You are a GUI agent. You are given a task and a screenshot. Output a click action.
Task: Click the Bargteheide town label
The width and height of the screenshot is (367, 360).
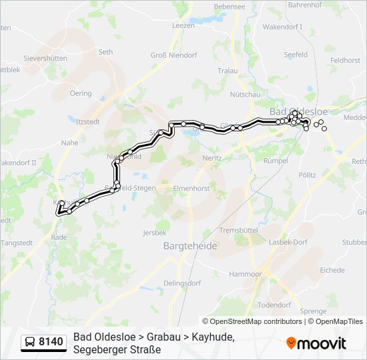[190, 246]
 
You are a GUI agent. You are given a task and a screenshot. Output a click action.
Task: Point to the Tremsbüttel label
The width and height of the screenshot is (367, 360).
[238, 230]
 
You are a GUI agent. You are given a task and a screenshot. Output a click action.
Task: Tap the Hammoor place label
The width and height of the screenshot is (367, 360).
[245, 274]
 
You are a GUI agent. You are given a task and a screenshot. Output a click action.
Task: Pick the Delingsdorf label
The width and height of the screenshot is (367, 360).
[182, 283]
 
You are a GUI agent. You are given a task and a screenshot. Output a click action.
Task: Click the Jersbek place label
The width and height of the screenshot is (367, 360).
[155, 233]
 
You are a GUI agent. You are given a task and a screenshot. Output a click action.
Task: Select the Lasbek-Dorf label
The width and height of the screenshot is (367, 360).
[290, 242]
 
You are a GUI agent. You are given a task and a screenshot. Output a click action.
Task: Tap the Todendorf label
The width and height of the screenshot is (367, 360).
[275, 305]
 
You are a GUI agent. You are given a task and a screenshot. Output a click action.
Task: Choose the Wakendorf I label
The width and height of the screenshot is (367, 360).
[282, 27]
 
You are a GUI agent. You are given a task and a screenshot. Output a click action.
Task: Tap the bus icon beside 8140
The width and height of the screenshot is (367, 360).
[30, 343]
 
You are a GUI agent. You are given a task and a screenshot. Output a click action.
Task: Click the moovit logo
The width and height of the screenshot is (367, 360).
[316, 343]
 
